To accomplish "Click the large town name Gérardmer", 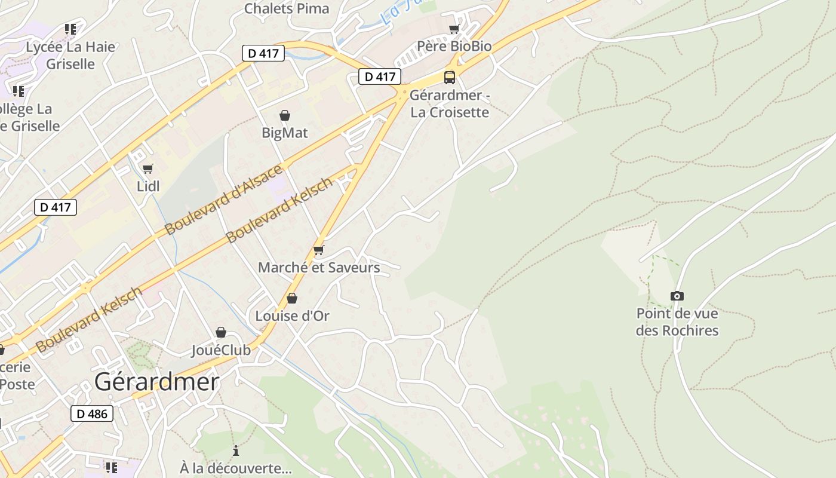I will pos(156,382).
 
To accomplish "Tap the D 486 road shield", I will pos(92,413).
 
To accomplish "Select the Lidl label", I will pos(148,186).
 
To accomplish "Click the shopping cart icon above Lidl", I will pos(148,169).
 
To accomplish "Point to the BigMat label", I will pos(285,133).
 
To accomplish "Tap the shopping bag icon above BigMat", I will pos(285,115).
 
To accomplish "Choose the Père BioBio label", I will pos(454,46).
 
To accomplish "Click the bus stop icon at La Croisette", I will pos(449,77).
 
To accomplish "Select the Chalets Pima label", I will pos(287,8).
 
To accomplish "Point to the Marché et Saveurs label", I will pos(319,267).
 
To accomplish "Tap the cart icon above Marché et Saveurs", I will pos(319,250).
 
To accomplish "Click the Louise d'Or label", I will pos(292,315).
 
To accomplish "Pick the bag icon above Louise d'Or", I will pos(292,298).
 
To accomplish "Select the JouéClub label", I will pos(221,350).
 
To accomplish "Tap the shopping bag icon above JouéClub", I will pos(221,332).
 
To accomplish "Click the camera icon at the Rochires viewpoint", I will pos(677,296).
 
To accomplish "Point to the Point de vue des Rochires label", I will pos(677,321).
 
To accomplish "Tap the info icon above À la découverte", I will pos(236,451).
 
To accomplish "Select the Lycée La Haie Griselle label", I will pos(70,55).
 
